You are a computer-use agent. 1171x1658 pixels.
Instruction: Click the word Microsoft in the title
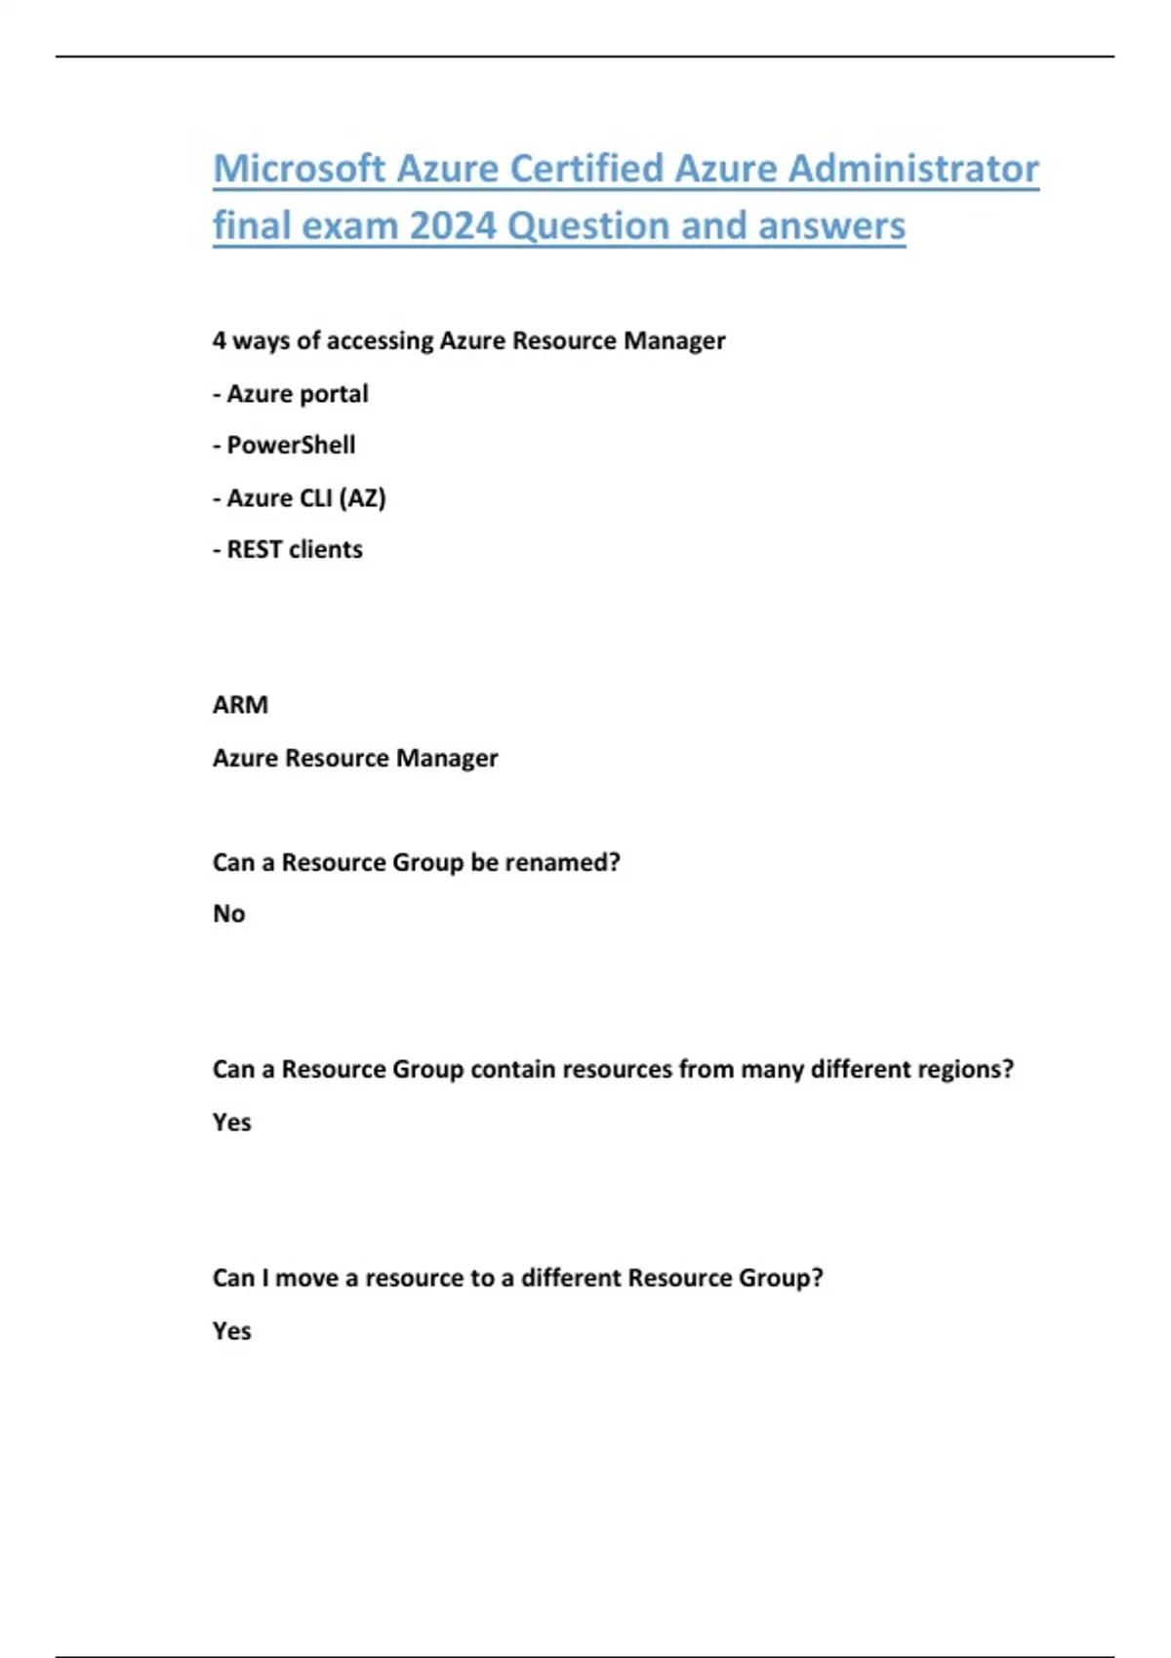pyautogui.click(x=300, y=169)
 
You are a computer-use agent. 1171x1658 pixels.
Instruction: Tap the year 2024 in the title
pyautogui.click(x=453, y=226)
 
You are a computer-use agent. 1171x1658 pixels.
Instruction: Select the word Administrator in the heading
pyautogui.click(x=913, y=169)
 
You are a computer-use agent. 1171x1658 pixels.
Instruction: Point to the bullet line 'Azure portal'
pyautogui.click(x=291, y=394)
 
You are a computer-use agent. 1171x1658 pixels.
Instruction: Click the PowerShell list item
pyautogui.click(x=291, y=446)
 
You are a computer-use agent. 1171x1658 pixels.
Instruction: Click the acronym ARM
pyautogui.click(x=240, y=705)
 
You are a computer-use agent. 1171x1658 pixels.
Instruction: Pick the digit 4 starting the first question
pyautogui.click(x=220, y=341)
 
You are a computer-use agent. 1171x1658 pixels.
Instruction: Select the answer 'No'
pyautogui.click(x=229, y=915)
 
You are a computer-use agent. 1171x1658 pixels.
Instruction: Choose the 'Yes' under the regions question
pyautogui.click(x=232, y=1123)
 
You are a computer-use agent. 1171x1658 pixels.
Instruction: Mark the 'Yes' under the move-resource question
pyautogui.click(x=232, y=1331)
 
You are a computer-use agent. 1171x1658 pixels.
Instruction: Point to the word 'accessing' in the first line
pyautogui.click(x=380, y=341)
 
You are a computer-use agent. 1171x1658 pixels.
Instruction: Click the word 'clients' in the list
pyautogui.click(x=326, y=550)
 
